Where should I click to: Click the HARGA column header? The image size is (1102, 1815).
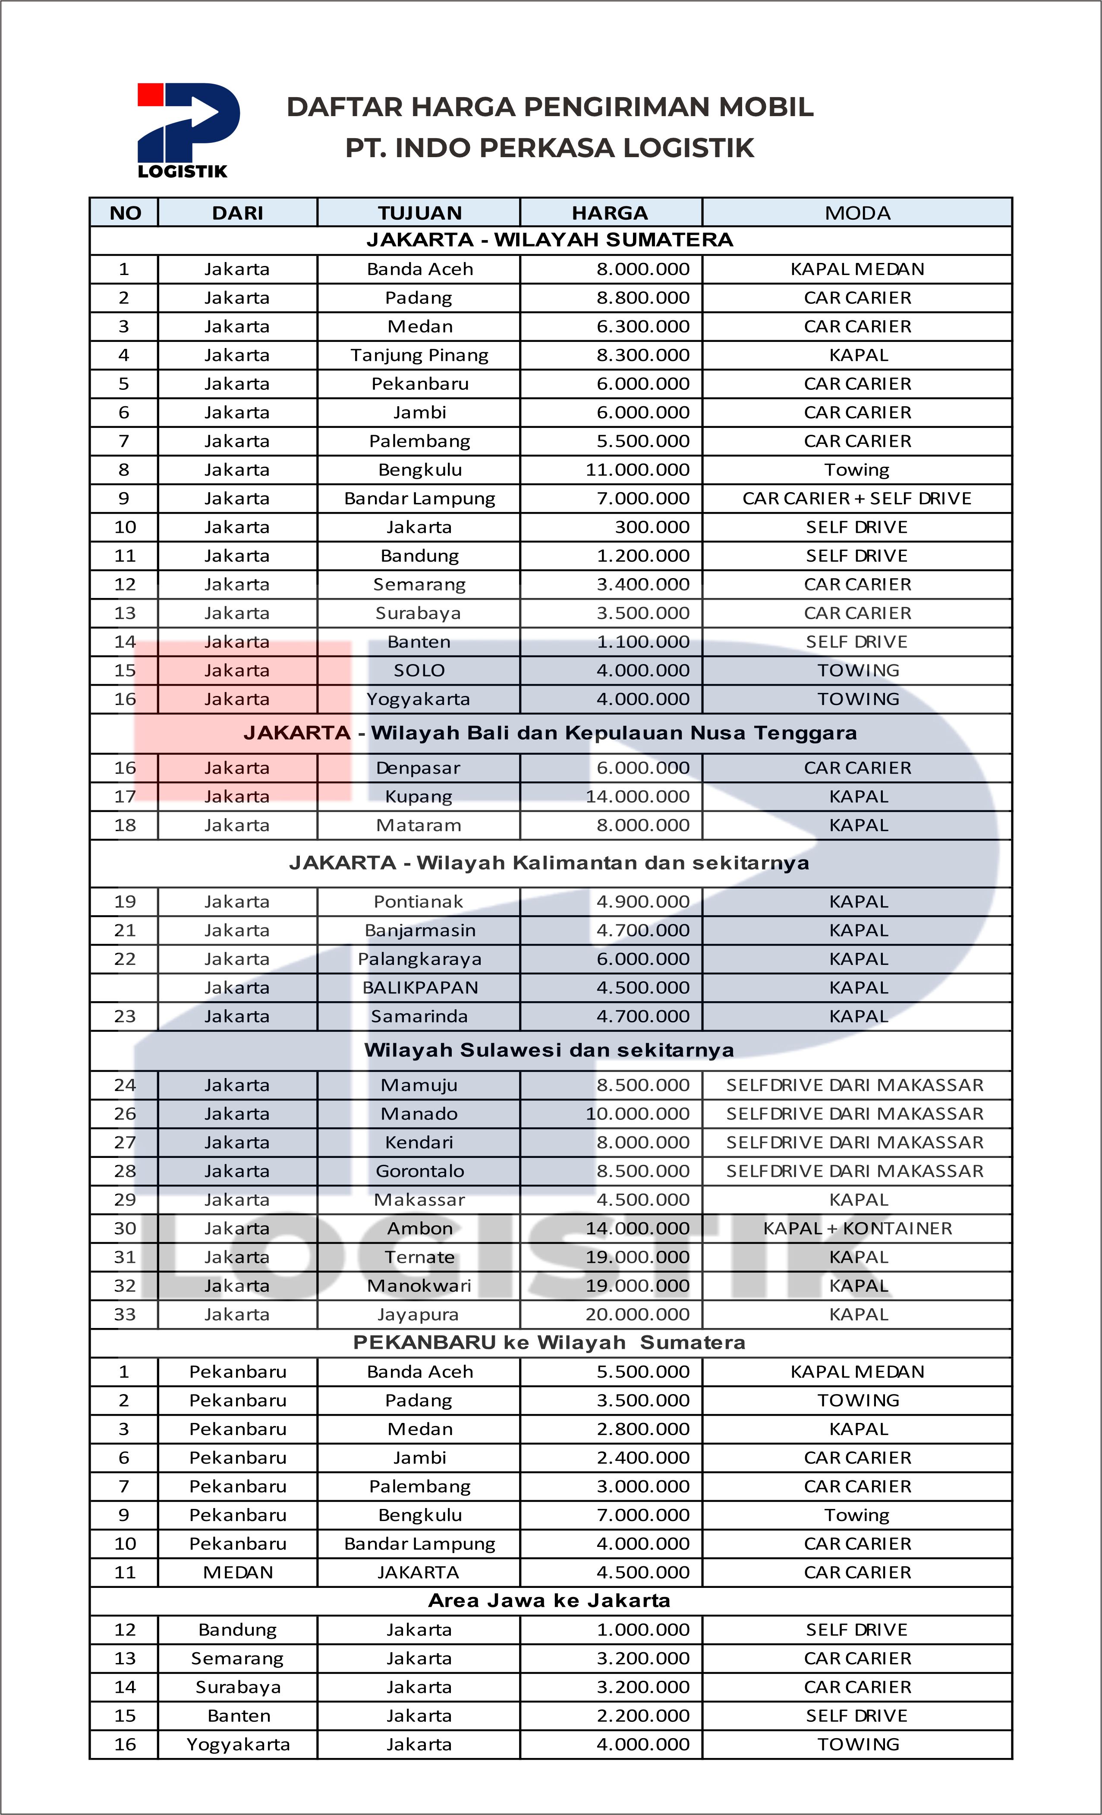(x=610, y=213)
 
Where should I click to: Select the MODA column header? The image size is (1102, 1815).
(x=857, y=213)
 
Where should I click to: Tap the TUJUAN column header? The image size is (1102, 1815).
(x=419, y=213)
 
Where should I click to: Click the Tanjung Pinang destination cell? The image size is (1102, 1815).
(x=419, y=355)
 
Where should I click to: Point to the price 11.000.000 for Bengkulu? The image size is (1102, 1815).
(x=637, y=470)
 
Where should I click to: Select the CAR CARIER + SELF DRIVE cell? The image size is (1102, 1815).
(x=857, y=499)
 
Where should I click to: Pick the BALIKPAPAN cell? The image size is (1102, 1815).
(x=419, y=988)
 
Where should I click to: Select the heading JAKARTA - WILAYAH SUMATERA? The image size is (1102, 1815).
(x=550, y=240)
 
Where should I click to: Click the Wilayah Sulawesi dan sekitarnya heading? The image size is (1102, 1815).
(x=549, y=1050)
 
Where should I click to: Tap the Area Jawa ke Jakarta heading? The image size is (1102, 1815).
(x=549, y=1601)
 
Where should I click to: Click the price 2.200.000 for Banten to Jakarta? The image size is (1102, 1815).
(x=642, y=1716)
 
